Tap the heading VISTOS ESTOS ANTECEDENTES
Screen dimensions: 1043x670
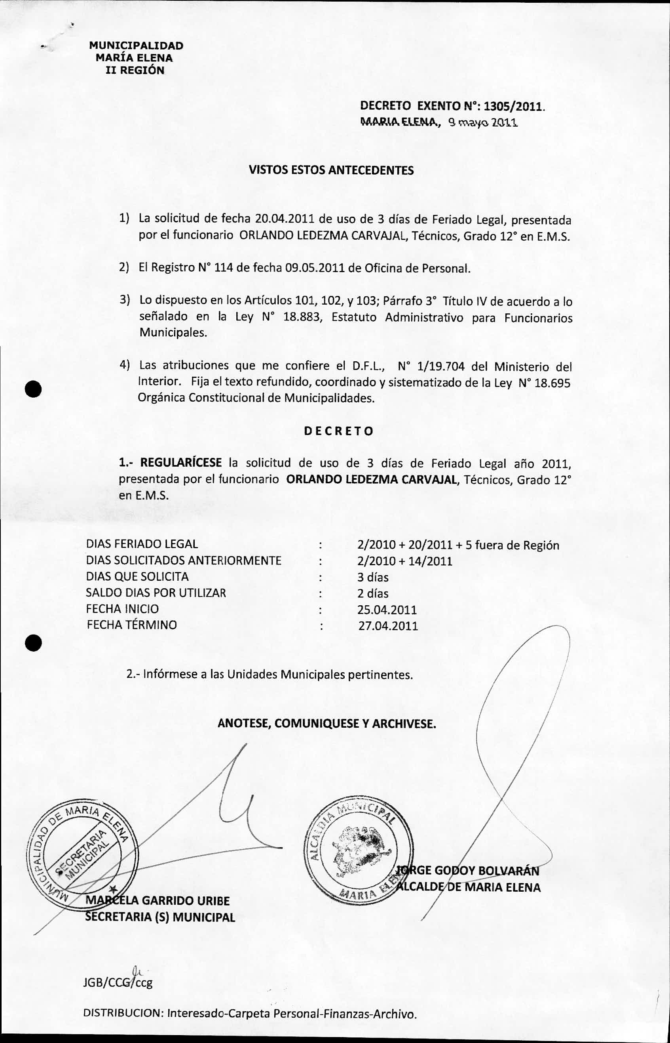click(331, 170)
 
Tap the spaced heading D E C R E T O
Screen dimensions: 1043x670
click(338, 431)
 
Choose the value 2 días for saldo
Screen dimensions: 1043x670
click(372, 593)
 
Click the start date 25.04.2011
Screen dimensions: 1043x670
click(387, 609)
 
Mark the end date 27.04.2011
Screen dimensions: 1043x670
click(388, 626)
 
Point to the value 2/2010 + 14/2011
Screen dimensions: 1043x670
click(404, 561)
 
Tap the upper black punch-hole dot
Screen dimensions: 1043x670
click(33, 387)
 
